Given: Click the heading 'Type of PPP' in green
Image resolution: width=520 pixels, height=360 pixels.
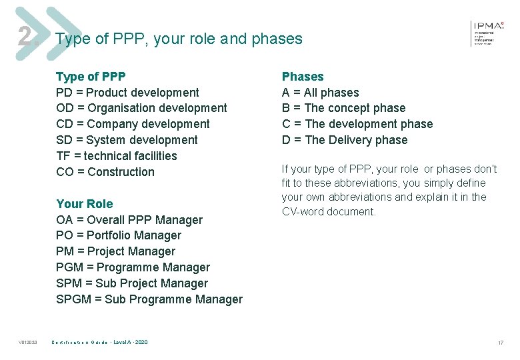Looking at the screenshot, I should pos(91,77).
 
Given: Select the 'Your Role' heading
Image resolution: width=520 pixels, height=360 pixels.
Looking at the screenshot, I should pos(85,204).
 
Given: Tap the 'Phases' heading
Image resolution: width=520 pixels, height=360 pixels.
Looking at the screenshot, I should pos(303,77).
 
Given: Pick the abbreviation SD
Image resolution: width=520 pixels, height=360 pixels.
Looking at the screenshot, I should pos(65,140).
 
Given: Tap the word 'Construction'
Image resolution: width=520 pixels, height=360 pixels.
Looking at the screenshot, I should pos(121,172).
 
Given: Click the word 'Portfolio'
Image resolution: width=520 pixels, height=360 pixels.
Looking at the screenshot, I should pos(109,235).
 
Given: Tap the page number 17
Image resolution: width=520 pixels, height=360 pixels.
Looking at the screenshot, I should pos(500,343).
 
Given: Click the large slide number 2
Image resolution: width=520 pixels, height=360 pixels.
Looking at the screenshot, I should pos(25,37).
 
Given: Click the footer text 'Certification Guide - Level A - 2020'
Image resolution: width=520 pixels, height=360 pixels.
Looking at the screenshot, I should pos(100,343).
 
